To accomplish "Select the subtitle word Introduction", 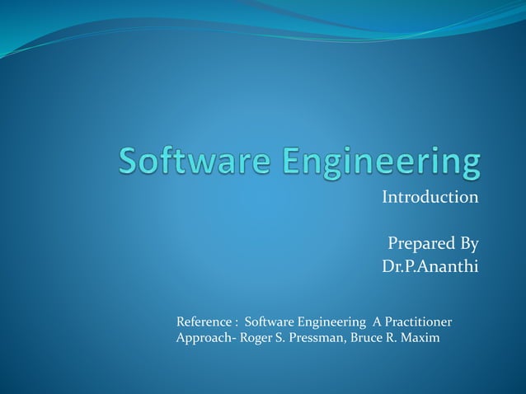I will tap(430, 198).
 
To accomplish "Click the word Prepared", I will tap(420, 245).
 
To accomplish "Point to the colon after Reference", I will tap(237, 321).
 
